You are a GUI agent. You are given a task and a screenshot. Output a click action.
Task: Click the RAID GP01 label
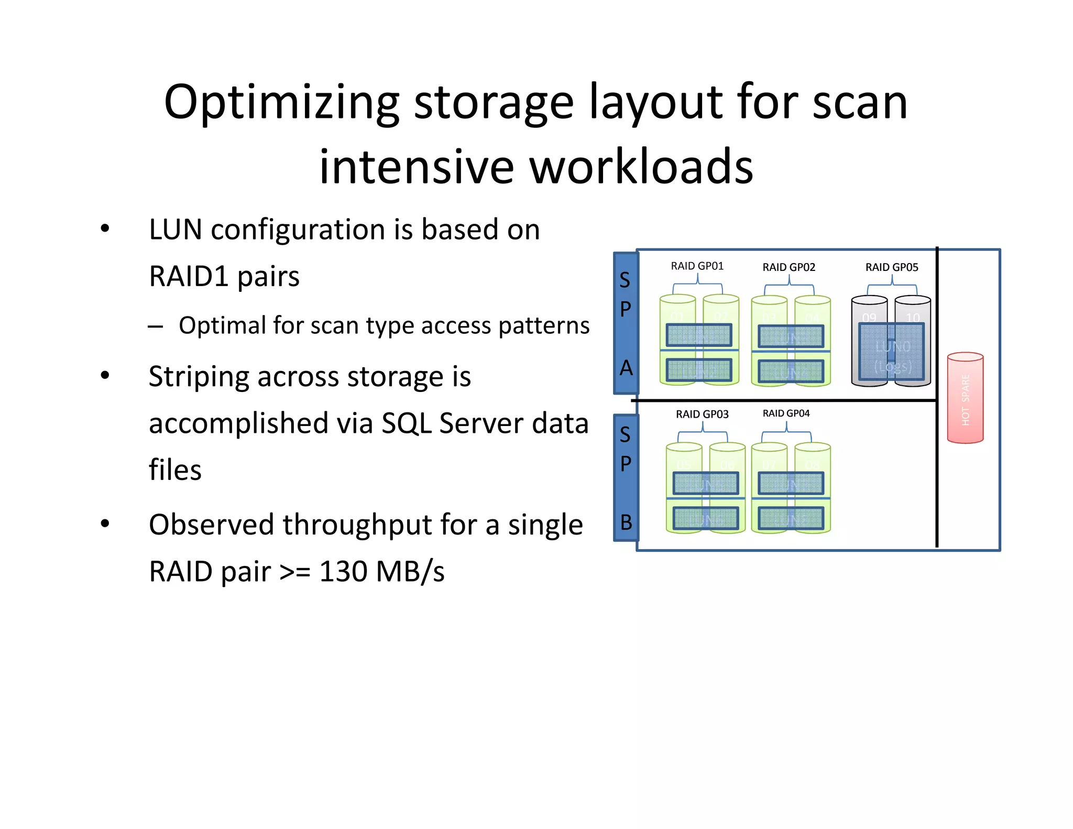697,266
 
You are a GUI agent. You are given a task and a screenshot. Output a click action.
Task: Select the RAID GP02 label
789,267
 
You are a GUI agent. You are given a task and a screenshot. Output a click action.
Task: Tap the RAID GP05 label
891,267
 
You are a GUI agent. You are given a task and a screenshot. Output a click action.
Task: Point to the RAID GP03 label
702,414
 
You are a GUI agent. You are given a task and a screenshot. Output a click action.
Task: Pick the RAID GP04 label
786,413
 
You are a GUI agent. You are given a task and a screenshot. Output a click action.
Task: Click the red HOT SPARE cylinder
965,398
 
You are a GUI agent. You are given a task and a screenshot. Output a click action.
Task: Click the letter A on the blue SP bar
626,368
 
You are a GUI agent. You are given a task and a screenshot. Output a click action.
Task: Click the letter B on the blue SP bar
626,522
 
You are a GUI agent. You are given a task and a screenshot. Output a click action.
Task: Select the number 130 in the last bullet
344,571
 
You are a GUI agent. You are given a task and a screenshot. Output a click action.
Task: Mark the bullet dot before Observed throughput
105,523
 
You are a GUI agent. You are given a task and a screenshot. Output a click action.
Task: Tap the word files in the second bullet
175,470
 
